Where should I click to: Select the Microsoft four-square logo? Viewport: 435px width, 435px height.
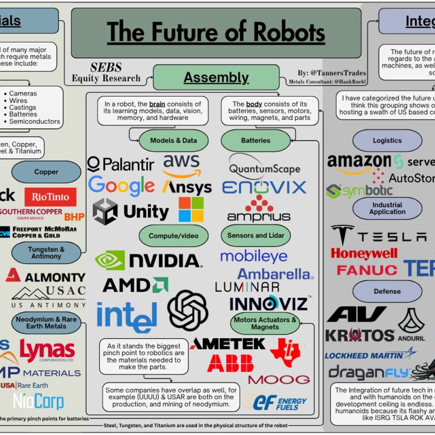click(x=191, y=209)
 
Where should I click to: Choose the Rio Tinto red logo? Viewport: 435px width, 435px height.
click(x=50, y=197)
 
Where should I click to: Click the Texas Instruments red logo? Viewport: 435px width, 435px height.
click(x=285, y=352)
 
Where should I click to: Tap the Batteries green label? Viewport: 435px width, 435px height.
click(x=255, y=140)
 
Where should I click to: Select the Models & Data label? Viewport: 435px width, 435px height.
click(x=173, y=140)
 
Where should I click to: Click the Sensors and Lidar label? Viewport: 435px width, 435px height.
click(x=255, y=236)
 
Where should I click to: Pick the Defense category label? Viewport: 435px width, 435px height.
click(x=387, y=291)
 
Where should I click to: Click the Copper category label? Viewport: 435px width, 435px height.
click(x=46, y=172)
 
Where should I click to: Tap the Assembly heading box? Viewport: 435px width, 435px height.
click(x=216, y=77)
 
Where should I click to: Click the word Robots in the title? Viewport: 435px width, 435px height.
click(x=289, y=32)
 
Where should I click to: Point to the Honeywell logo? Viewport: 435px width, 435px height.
click(x=364, y=254)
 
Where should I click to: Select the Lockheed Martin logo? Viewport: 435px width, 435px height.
click(x=370, y=355)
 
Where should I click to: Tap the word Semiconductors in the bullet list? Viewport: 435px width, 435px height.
click(x=34, y=121)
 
